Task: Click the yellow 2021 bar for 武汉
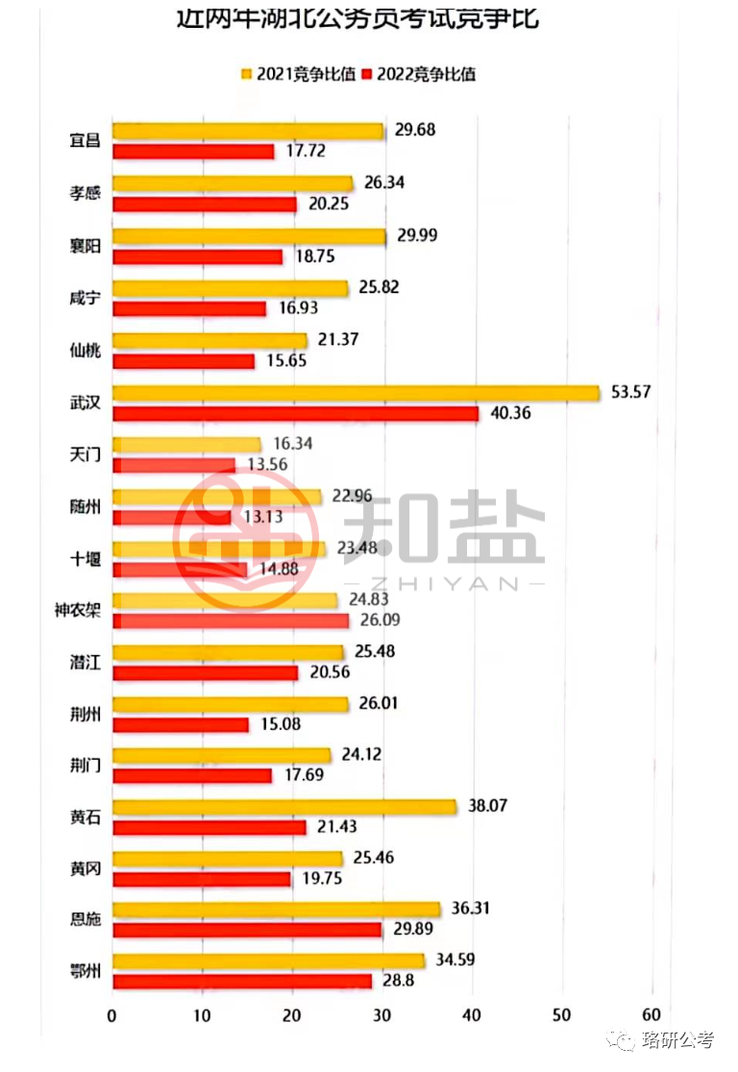pos(356,393)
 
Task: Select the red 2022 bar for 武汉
pos(296,413)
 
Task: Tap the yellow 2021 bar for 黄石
pos(284,807)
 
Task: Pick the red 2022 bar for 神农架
pos(231,621)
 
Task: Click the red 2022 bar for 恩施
pos(248,929)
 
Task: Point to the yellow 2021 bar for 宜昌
pos(248,132)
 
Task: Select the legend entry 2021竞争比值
pos(297,73)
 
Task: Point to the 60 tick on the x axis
pos(652,1015)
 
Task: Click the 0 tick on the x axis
pos(112,1015)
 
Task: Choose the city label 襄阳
pos(85,245)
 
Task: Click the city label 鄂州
pos(85,970)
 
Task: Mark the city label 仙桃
pos(85,349)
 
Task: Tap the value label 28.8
pos(395,981)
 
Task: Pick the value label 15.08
pos(280,723)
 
